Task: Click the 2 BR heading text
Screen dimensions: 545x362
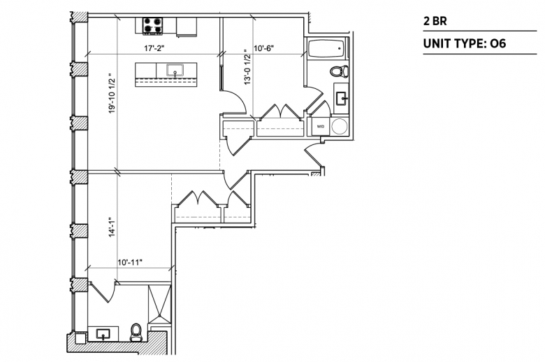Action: (435, 21)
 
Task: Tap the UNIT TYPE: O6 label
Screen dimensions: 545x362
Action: (465, 43)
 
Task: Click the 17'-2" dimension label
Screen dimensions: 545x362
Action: (154, 48)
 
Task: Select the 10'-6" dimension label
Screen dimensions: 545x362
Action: (264, 48)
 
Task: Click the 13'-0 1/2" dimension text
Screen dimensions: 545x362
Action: (247, 67)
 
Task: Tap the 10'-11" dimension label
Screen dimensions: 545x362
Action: (131, 262)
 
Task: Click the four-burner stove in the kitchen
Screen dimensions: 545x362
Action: (152, 26)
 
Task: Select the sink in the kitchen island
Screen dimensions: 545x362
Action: (175, 71)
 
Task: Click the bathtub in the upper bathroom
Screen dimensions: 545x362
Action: (326, 49)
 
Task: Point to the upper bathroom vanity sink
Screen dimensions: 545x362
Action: (342, 99)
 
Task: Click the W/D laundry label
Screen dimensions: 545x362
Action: (321, 127)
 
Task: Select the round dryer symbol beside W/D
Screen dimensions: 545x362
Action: (340, 127)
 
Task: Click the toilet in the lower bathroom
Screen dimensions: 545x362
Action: (136, 333)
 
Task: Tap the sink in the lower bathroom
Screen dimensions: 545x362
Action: (103, 334)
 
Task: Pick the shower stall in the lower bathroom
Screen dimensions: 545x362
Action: (159, 304)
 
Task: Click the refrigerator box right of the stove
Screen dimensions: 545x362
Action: (187, 27)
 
